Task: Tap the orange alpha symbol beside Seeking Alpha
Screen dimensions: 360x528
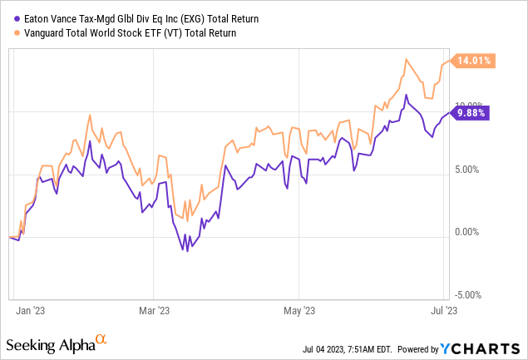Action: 101,339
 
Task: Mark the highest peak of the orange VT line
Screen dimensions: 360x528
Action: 405,59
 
